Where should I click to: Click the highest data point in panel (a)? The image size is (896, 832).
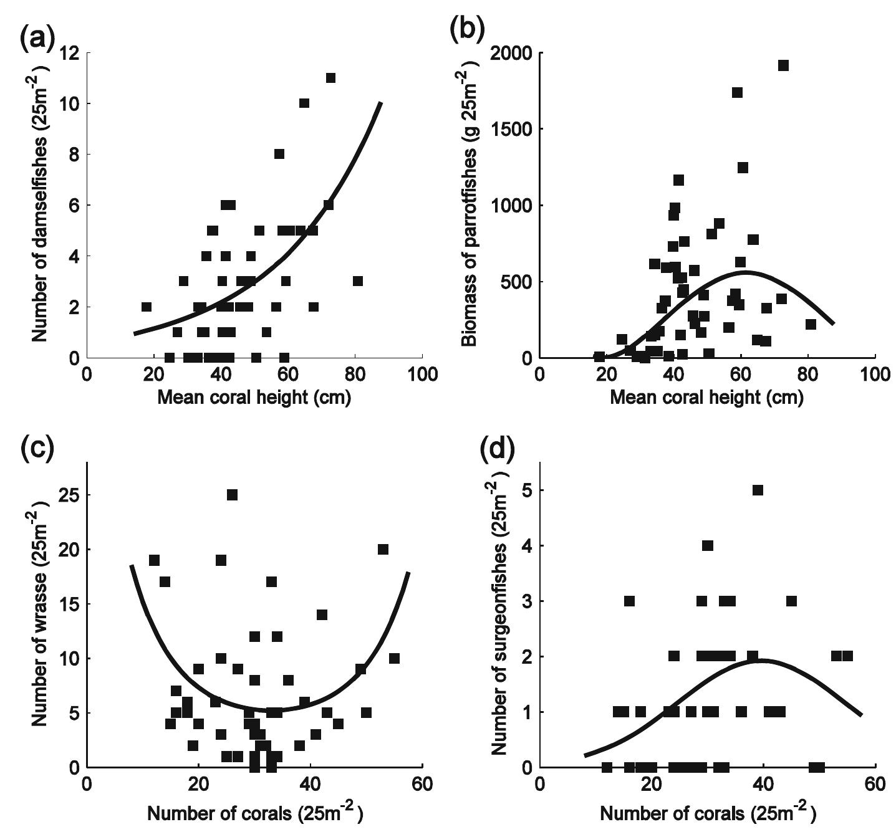coord(330,78)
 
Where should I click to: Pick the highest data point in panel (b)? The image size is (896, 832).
coord(783,65)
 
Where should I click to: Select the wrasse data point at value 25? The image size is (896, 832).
coord(232,495)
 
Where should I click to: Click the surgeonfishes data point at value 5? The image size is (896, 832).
coord(758,490)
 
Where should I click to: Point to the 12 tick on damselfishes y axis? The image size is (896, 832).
coord(70,53)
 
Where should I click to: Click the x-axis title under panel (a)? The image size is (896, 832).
coord(254,398)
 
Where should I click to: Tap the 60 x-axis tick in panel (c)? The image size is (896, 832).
coord(422,784)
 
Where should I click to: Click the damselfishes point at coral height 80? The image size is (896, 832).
coord(357,281)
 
